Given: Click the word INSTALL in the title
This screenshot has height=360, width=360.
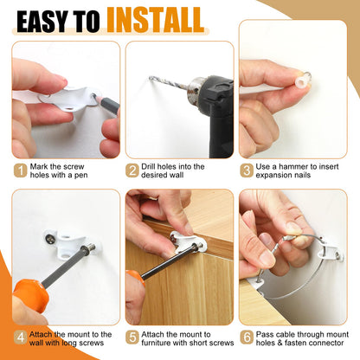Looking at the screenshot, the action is pyautogui.click(x=156, y=20).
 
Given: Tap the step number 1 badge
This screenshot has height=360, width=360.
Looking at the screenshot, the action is pyautogui.click(x=20, y=170).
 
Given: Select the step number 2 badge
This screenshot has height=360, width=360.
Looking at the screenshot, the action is pyautogui.click(x=132, y=170).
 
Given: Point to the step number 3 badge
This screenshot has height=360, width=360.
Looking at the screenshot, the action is pyautogui.click(x=247, y=170).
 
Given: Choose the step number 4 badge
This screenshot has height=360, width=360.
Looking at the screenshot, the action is pyautogui.click(x=20, y=337).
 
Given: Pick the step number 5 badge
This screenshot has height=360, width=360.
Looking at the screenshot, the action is pyautogui.click(x=132, y=337).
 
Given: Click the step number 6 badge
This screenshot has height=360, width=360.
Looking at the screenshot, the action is pyautogui.click(x=247, y=337).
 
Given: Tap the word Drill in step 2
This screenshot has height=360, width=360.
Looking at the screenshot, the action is pyautogui.click(x=148, y=167).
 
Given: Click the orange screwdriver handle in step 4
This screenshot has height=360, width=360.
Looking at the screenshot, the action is pyautogui.click(x=30, y=293).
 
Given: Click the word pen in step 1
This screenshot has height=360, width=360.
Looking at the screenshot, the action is pyautogui.click(x=81, y=176).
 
